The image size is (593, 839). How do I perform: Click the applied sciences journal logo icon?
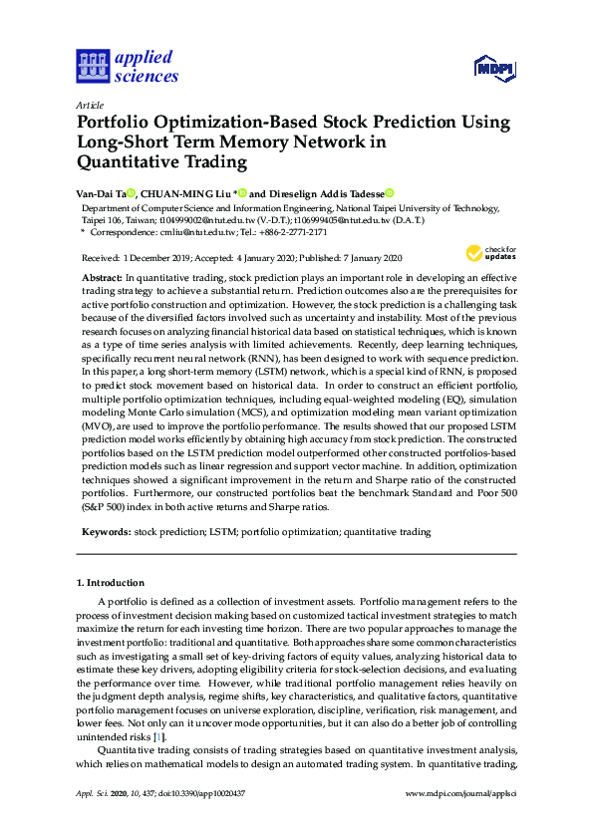coord(93,67)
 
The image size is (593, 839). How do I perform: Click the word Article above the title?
coord(90,105)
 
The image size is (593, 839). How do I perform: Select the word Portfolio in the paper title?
coord(120,124)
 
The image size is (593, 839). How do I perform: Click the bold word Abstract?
coord(102,275)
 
